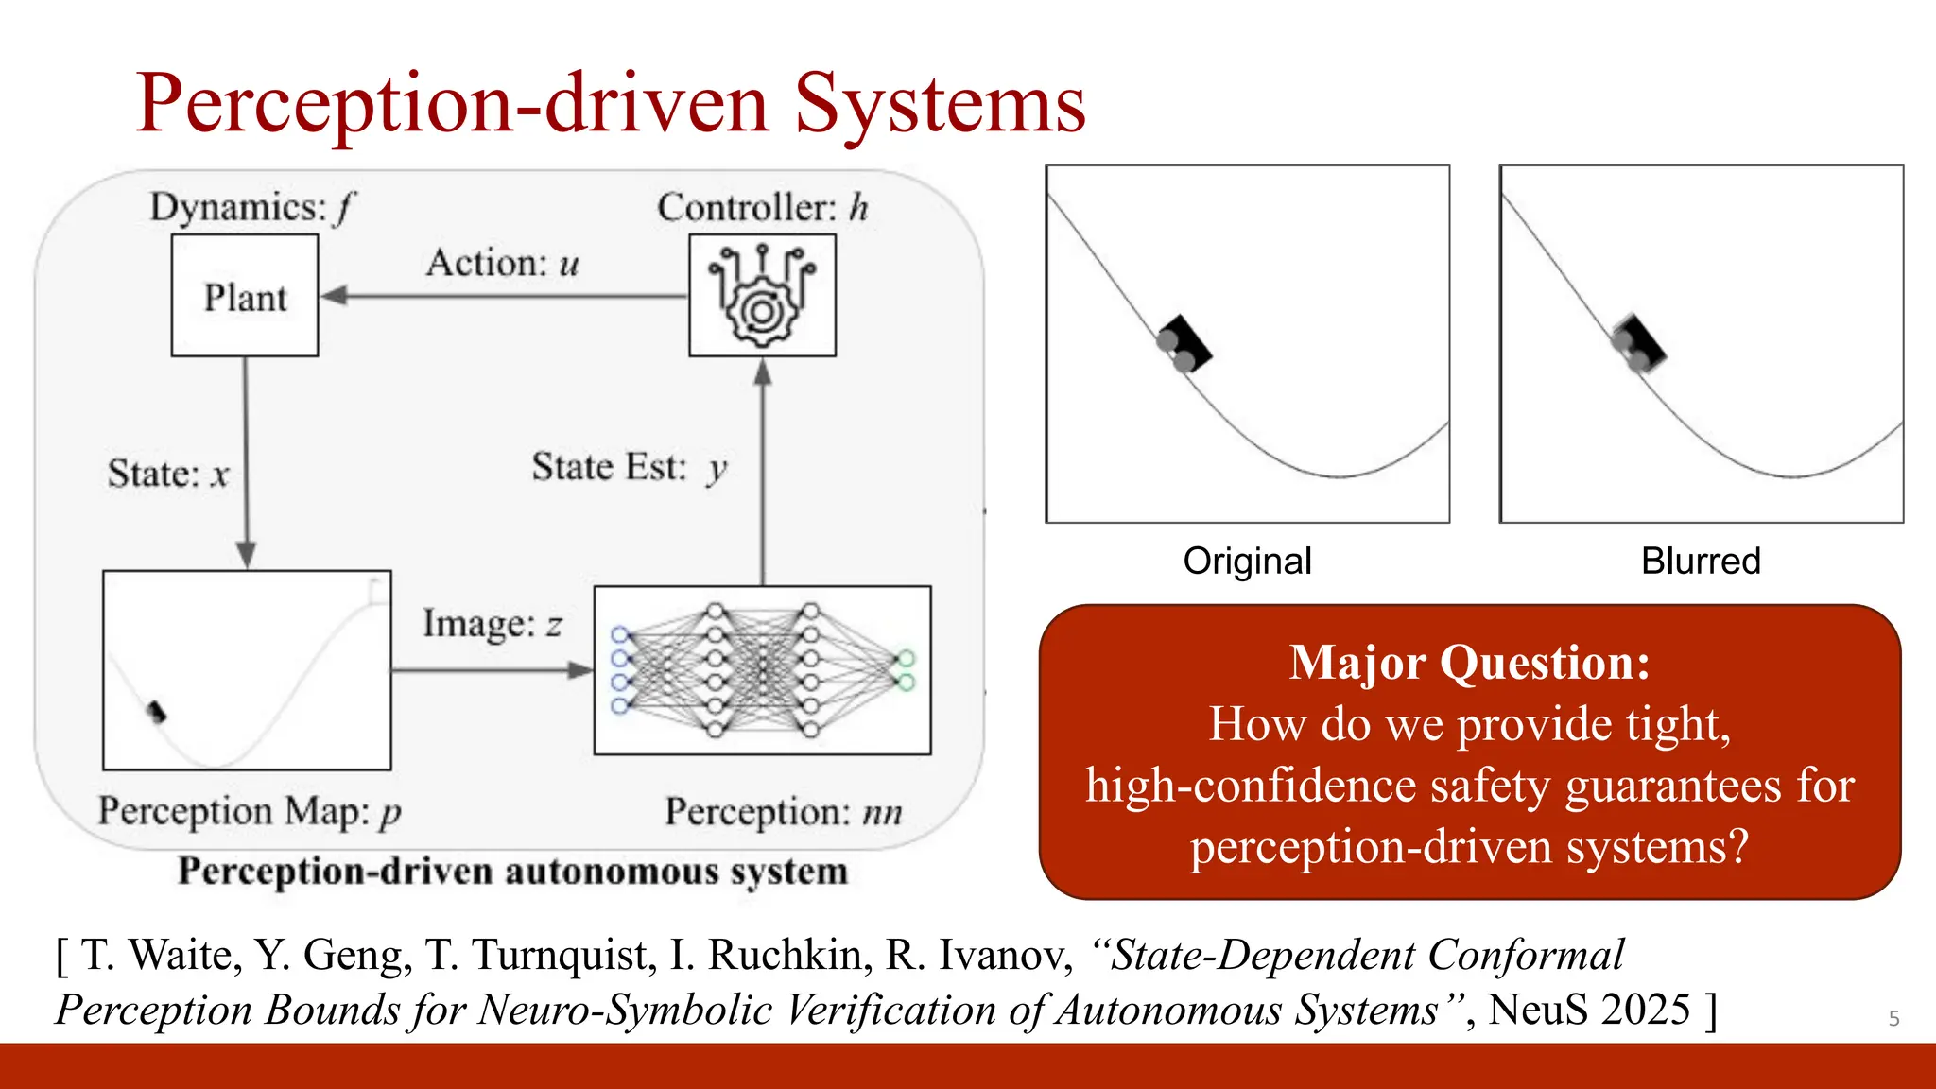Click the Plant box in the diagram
point(245,296)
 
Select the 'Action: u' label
point(502,263)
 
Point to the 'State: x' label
point(168,474)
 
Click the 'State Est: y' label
point(630,467)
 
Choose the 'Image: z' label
point(492,624)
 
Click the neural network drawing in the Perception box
point(762,670)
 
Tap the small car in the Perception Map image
point(157,711)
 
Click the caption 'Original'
point(1247,561)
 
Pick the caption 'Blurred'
point(1701,561)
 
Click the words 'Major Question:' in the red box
point(1469,662)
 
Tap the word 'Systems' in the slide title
point(940,104)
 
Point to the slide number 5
point(1893,1018)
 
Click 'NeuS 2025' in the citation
point(1588,1010)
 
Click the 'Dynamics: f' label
point(251,207)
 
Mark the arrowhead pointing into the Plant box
point(333,296)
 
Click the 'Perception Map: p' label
point(250,811)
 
